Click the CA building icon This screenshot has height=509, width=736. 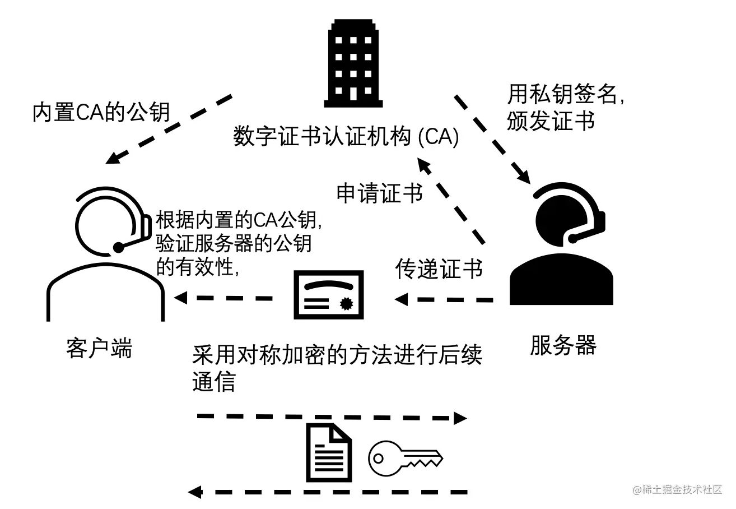[354, 63]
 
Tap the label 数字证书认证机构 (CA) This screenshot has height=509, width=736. [346, 137]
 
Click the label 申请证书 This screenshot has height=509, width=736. [379, 193]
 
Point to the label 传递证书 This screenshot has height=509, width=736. [439, 269]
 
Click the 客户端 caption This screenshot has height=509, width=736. [99, 348]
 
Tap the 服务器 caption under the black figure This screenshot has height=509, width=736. [563, 345]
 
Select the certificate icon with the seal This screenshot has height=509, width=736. [329, 295]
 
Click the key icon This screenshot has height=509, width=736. [405, 457]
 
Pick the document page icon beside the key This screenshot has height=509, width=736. [329, 453]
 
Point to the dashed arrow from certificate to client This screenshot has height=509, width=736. [224, 298]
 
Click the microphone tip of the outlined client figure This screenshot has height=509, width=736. [119, 247]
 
